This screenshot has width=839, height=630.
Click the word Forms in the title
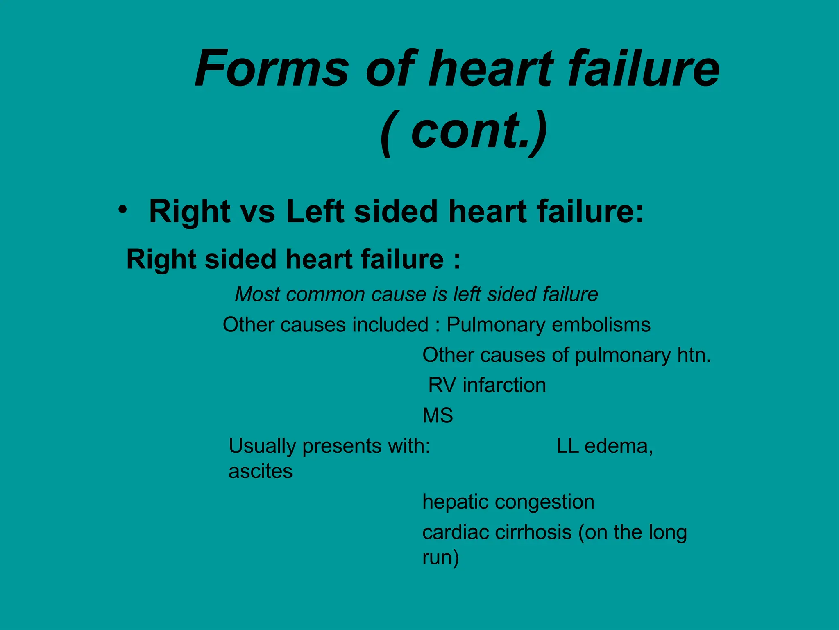click(x=272, y=69)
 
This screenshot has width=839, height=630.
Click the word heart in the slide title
click(x=492, y=69)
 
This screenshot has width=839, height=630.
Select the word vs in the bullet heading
click(x=258, y=212)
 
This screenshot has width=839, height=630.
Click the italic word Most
click(x=257, y=294)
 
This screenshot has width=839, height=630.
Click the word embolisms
click(x=601, y=325)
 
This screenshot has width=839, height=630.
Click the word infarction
click(x=504, y=386)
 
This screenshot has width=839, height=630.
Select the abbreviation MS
click(x=438, y=416)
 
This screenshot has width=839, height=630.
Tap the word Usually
click(x=262, y=447)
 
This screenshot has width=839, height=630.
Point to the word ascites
click(x=261, y=472)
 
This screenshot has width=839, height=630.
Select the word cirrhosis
click(x=533, y=533)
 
